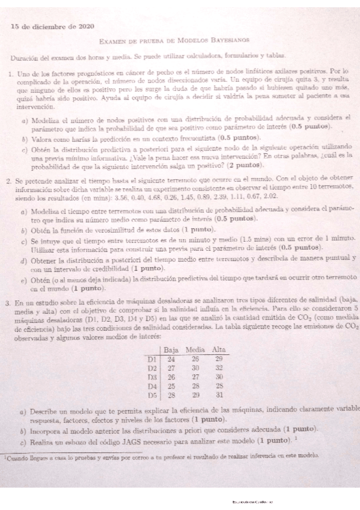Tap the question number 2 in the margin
pos(10,179)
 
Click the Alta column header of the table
pos(219,349)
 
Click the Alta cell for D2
pos(219,367)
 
